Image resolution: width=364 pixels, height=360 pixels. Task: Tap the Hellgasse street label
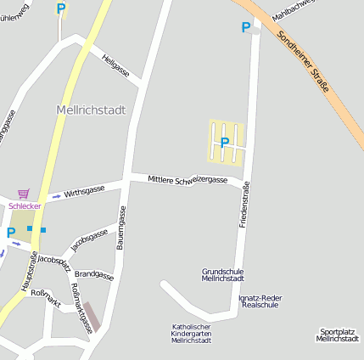tap(115, 66)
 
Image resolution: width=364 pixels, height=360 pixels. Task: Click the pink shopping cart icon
tap(23, 194)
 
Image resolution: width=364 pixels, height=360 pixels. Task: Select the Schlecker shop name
tap(25, 205)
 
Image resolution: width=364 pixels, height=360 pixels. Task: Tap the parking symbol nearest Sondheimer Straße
tap(246, 27)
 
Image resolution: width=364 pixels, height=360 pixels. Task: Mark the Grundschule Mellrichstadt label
tap(223, 275)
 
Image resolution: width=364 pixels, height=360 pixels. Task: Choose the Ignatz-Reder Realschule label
tap(260, 301)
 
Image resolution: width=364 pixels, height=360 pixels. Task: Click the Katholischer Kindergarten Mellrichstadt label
tap(192, 334)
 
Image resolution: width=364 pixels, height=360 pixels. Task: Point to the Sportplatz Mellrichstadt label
tap(337, 335)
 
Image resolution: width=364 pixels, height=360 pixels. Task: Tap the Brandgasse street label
tap(93, 275)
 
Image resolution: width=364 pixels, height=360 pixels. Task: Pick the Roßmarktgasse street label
tap(82, 307)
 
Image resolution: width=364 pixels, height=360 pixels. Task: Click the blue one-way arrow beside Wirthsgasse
tap(56, 196)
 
